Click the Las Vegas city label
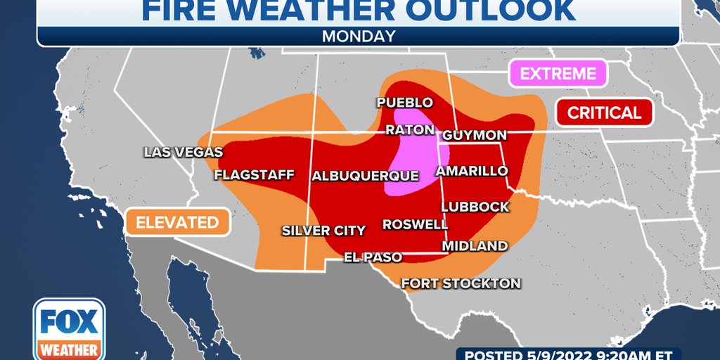click(x=183, y=152)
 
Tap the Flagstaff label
click(x=254, y=174)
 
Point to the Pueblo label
click(x=404, y=102)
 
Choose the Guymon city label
click(x=474, y=134)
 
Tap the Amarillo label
click(x=471, y=171)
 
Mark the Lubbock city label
click(x=475, y=207)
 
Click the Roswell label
click(x=415, y=224)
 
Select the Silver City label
click(x=323, y=230)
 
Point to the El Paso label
click(x=373, y=257)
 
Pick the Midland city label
click(x=474, y=246)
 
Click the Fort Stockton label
click(x=461, y=283)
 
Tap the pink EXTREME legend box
click(x=557, y=73)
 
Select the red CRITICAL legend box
click(x=604, y=112)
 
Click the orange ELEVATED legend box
click(x=177, y=222)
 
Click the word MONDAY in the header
click(x=359, y=36)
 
